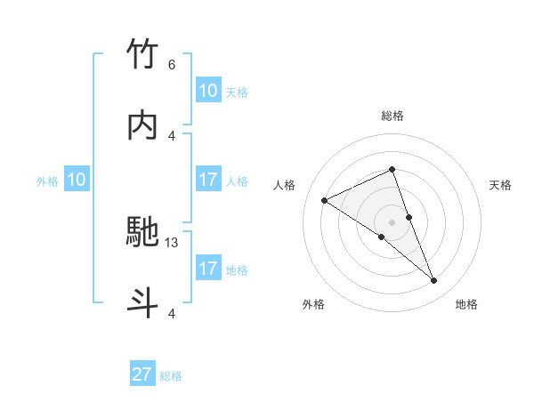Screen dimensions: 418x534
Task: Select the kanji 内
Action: tap(143, 126)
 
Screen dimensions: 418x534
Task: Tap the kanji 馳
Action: tap(143, 232)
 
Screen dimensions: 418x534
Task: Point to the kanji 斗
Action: tap(143, 302)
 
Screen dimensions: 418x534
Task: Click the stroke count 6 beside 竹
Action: tap(172, 64)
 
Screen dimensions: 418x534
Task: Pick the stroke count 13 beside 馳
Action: tap(172, 242)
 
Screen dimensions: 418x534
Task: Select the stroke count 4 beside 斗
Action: tap(172, 313)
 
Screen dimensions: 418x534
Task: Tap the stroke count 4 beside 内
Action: tap(172, 135)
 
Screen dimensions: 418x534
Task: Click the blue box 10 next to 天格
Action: tap(207, 91)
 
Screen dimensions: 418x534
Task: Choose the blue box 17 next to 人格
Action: tap(207, 180)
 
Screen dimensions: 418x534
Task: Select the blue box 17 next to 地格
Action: tap(207, 269)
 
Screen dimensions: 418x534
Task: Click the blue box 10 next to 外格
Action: tap(77, 180)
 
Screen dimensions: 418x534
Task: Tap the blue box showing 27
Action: tap(142, 374)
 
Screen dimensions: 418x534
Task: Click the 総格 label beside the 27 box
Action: tap(171, 376)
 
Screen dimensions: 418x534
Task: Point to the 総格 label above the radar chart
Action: tap(392, 116)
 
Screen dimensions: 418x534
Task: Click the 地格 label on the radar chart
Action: tap(466, 304)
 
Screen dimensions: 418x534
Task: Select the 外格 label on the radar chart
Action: tap(313, 304)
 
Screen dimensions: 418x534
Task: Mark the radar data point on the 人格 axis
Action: tap(325, 200)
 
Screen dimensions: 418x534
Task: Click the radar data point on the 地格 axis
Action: tap(434, 281)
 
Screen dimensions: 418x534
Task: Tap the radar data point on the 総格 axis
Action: tap(392, 169)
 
